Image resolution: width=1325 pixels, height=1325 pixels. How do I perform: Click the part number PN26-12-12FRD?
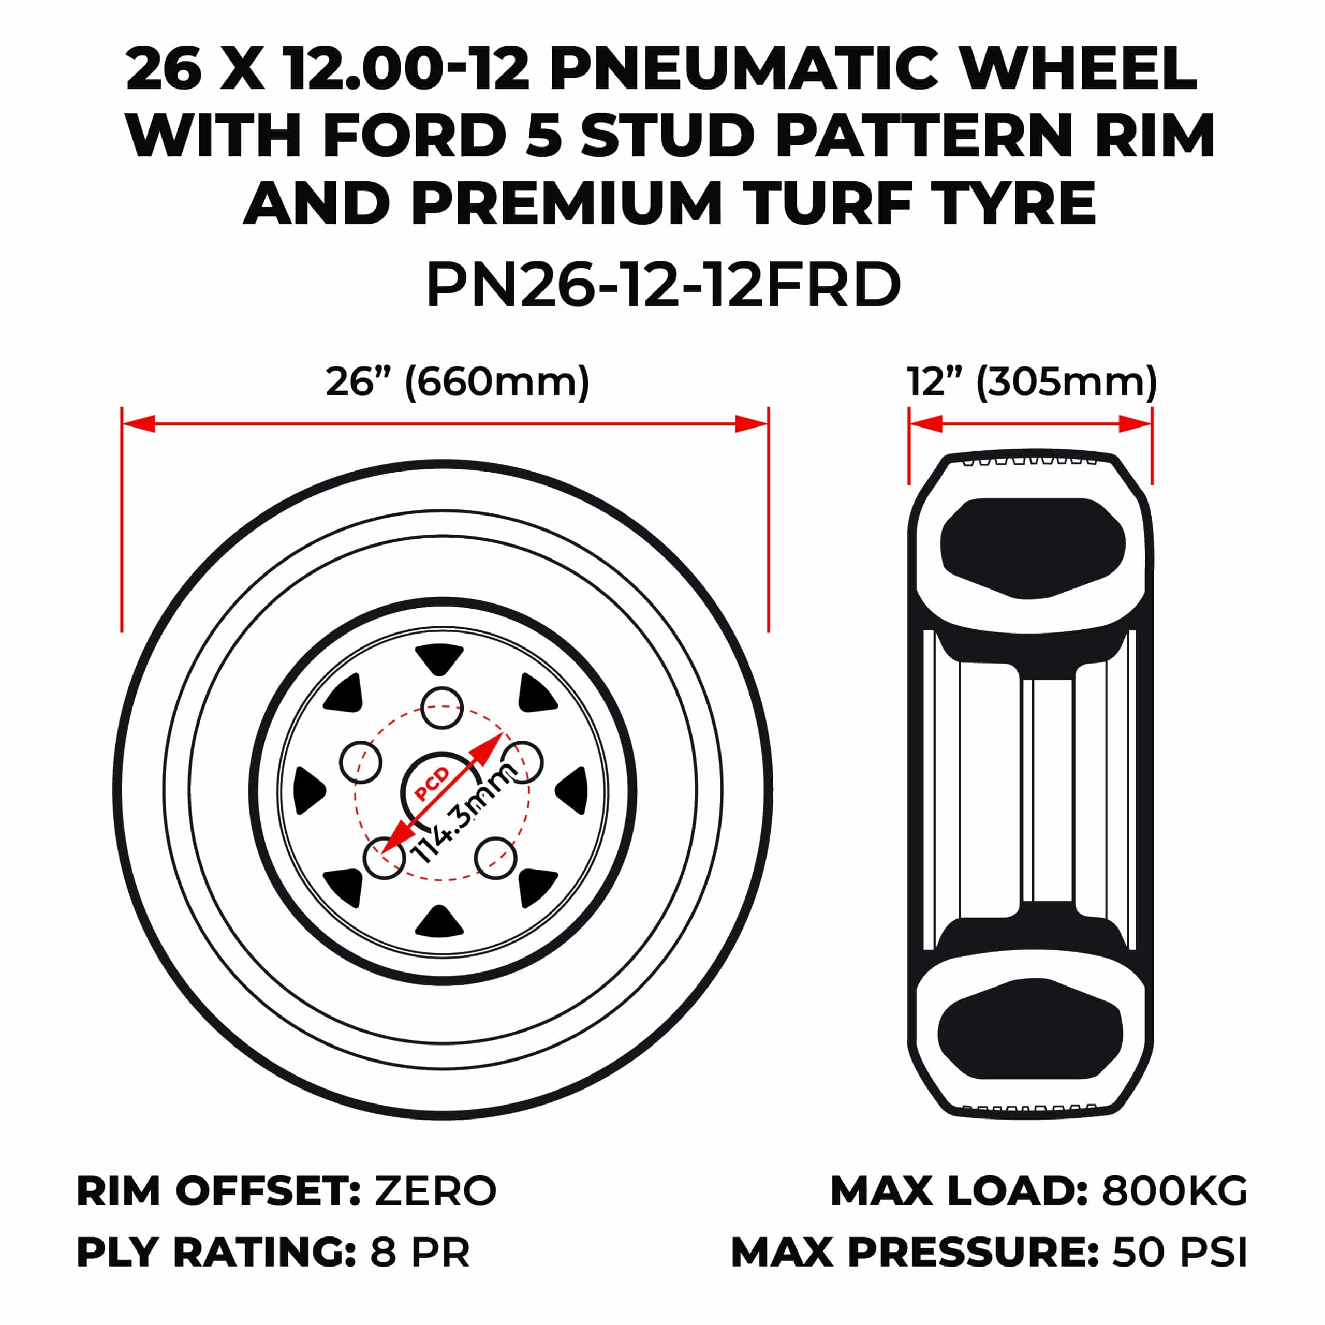click(x=662, y=285)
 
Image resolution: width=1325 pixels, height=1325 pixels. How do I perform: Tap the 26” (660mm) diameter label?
click(x=458, y=382)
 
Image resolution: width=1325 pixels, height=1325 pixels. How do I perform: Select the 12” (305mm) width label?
click(x=1032, y=382)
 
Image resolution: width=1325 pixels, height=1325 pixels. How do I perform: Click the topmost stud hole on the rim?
click(x=441, y=708)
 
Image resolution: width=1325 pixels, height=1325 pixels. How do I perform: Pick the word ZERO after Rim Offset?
click(x=435, y=1191)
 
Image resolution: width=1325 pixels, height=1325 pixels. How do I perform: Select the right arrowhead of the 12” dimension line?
click(x=1135, y=424)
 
